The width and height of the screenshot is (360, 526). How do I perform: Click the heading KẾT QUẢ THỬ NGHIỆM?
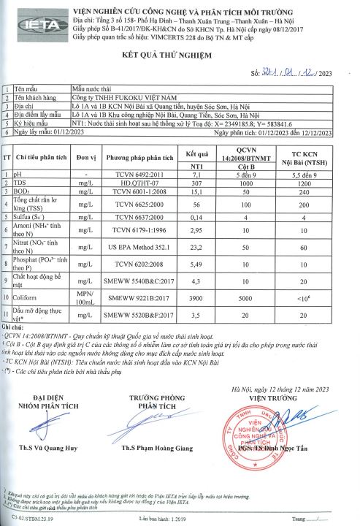pyautogui.click(x=179, y=55)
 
